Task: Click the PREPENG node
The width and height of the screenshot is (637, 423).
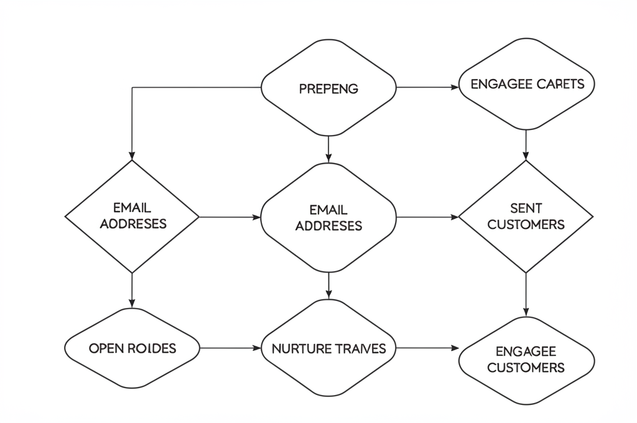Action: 328,88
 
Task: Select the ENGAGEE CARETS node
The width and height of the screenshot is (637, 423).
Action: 526,84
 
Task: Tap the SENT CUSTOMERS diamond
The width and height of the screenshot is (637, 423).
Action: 526,216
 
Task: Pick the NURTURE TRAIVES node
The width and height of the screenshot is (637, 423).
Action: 328,348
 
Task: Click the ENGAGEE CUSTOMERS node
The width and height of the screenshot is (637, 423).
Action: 526,360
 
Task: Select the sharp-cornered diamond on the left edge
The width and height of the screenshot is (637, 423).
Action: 132,216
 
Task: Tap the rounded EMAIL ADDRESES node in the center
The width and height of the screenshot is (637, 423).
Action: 328,218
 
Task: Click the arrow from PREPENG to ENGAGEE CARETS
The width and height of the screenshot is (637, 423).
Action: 427,88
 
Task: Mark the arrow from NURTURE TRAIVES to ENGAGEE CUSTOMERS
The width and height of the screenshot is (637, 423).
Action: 427,348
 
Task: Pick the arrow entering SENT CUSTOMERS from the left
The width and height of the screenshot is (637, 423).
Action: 427,217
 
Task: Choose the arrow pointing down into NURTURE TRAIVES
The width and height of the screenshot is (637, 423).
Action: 328,286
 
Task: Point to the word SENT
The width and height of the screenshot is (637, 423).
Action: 526,208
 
